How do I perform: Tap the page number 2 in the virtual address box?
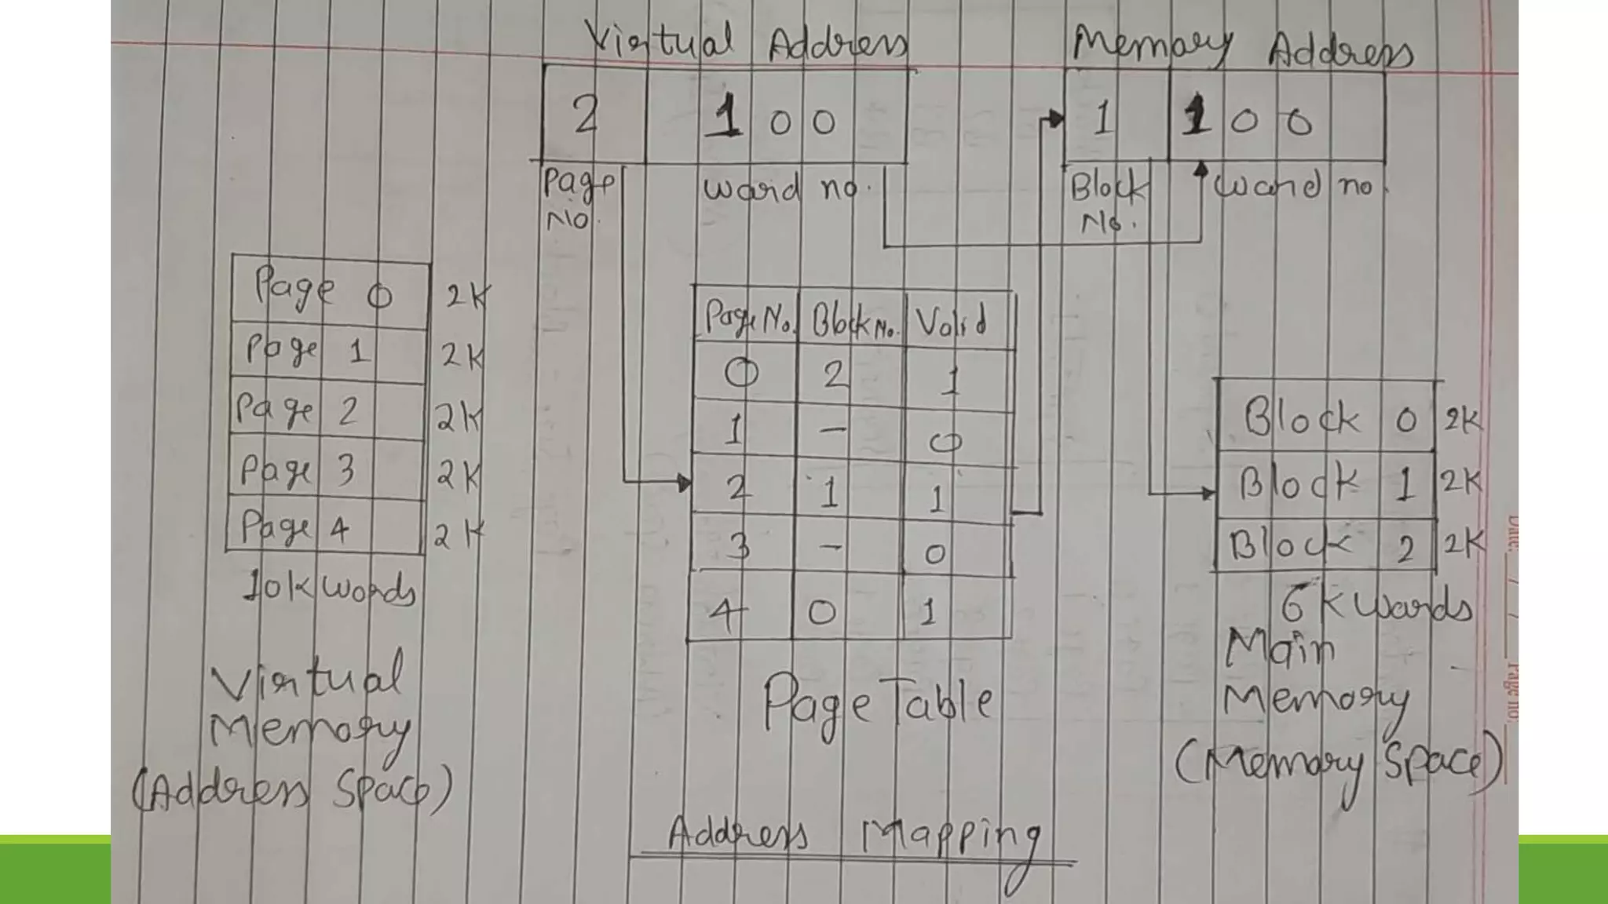pyautogui.click(x=586, y=118)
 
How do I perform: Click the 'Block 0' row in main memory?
pyautogui.click(x=1327, y=419)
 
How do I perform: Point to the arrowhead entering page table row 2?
pyautogui.click(x=684, y=482)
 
